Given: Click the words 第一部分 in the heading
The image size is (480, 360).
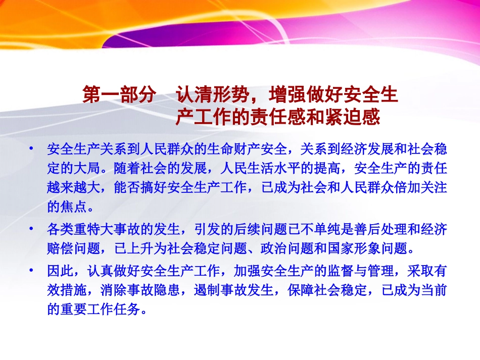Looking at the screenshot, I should tap(119, 95).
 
